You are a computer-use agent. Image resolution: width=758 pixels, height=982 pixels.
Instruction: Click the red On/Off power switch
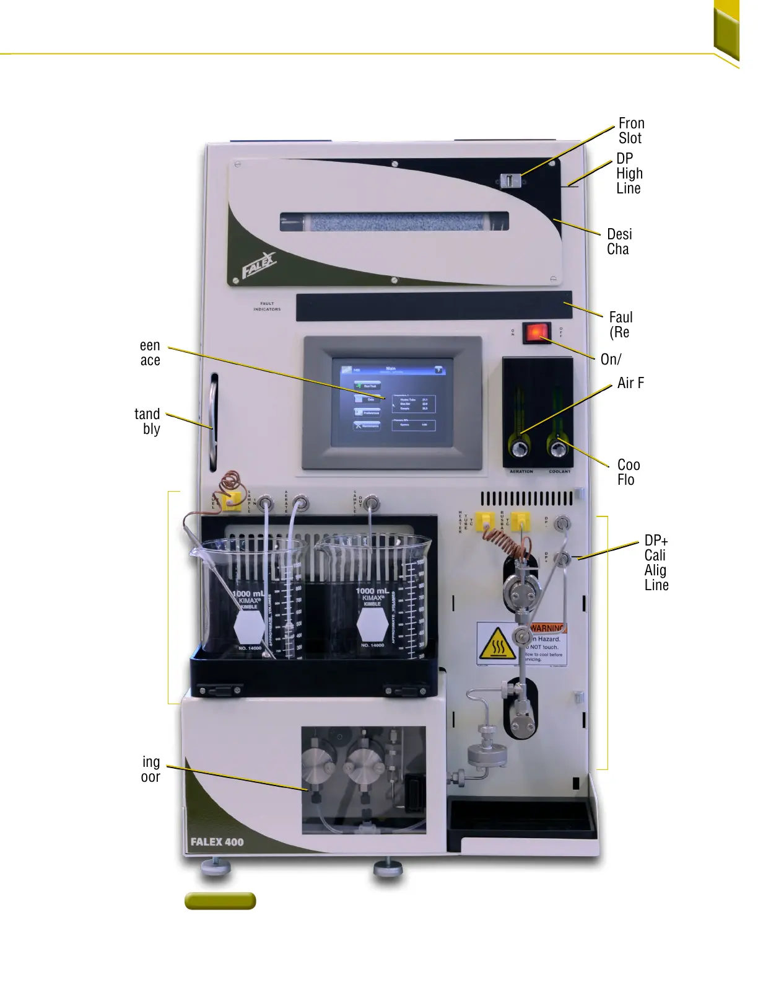[536, 332]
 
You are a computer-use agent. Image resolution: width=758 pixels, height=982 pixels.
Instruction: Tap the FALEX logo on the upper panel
[258, 265]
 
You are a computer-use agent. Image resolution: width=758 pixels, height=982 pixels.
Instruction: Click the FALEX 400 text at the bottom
[217, 842]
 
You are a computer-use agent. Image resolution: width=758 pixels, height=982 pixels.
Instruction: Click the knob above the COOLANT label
[558, 448]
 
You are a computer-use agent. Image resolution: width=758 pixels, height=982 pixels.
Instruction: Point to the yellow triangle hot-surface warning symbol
[497, 645]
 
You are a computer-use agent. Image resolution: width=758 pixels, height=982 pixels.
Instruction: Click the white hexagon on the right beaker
[372, 625]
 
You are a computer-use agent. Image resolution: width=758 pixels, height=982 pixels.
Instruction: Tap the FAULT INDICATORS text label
[267, 306]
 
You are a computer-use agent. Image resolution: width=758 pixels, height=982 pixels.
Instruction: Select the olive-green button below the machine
[220, 901]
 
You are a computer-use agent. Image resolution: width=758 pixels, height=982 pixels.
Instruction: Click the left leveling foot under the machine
[216, 866]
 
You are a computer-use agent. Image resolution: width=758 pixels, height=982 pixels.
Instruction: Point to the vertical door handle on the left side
[214, 422]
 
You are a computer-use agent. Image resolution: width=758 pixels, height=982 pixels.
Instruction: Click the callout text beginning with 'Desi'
[619, 242]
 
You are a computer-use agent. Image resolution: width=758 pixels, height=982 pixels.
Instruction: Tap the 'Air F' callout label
[630, 383]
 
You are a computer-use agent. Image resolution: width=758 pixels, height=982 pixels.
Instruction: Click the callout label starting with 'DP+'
[656, 562]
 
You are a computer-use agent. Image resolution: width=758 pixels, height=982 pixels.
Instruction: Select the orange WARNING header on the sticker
[547, 628]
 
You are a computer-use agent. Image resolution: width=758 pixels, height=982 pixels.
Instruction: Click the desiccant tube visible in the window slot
[394, 221]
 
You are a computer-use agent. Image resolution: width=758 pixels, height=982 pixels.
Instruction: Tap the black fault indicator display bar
[433, 306]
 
